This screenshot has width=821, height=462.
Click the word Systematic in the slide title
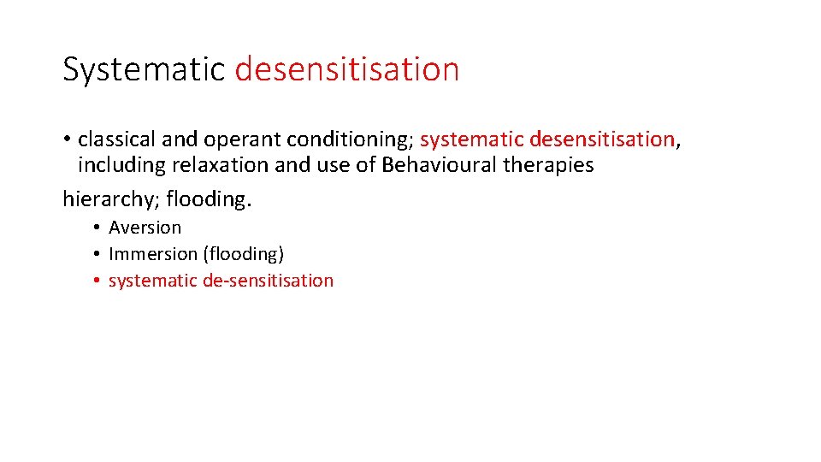tap(144, 69)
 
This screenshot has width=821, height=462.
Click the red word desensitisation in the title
tap(346, 69)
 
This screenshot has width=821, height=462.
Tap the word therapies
tap(548, 165)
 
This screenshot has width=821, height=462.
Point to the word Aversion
tap(145, 228)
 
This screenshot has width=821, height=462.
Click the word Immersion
tap(152, 254)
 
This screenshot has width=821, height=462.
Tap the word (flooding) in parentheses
tap(244, 254)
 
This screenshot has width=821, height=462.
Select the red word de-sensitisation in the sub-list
tap(269, 281)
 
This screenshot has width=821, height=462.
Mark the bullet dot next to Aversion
tap(99, 228)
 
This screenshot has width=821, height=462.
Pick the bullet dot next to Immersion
tap(99, 254)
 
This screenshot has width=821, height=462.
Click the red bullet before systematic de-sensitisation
tap(99, 281)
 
